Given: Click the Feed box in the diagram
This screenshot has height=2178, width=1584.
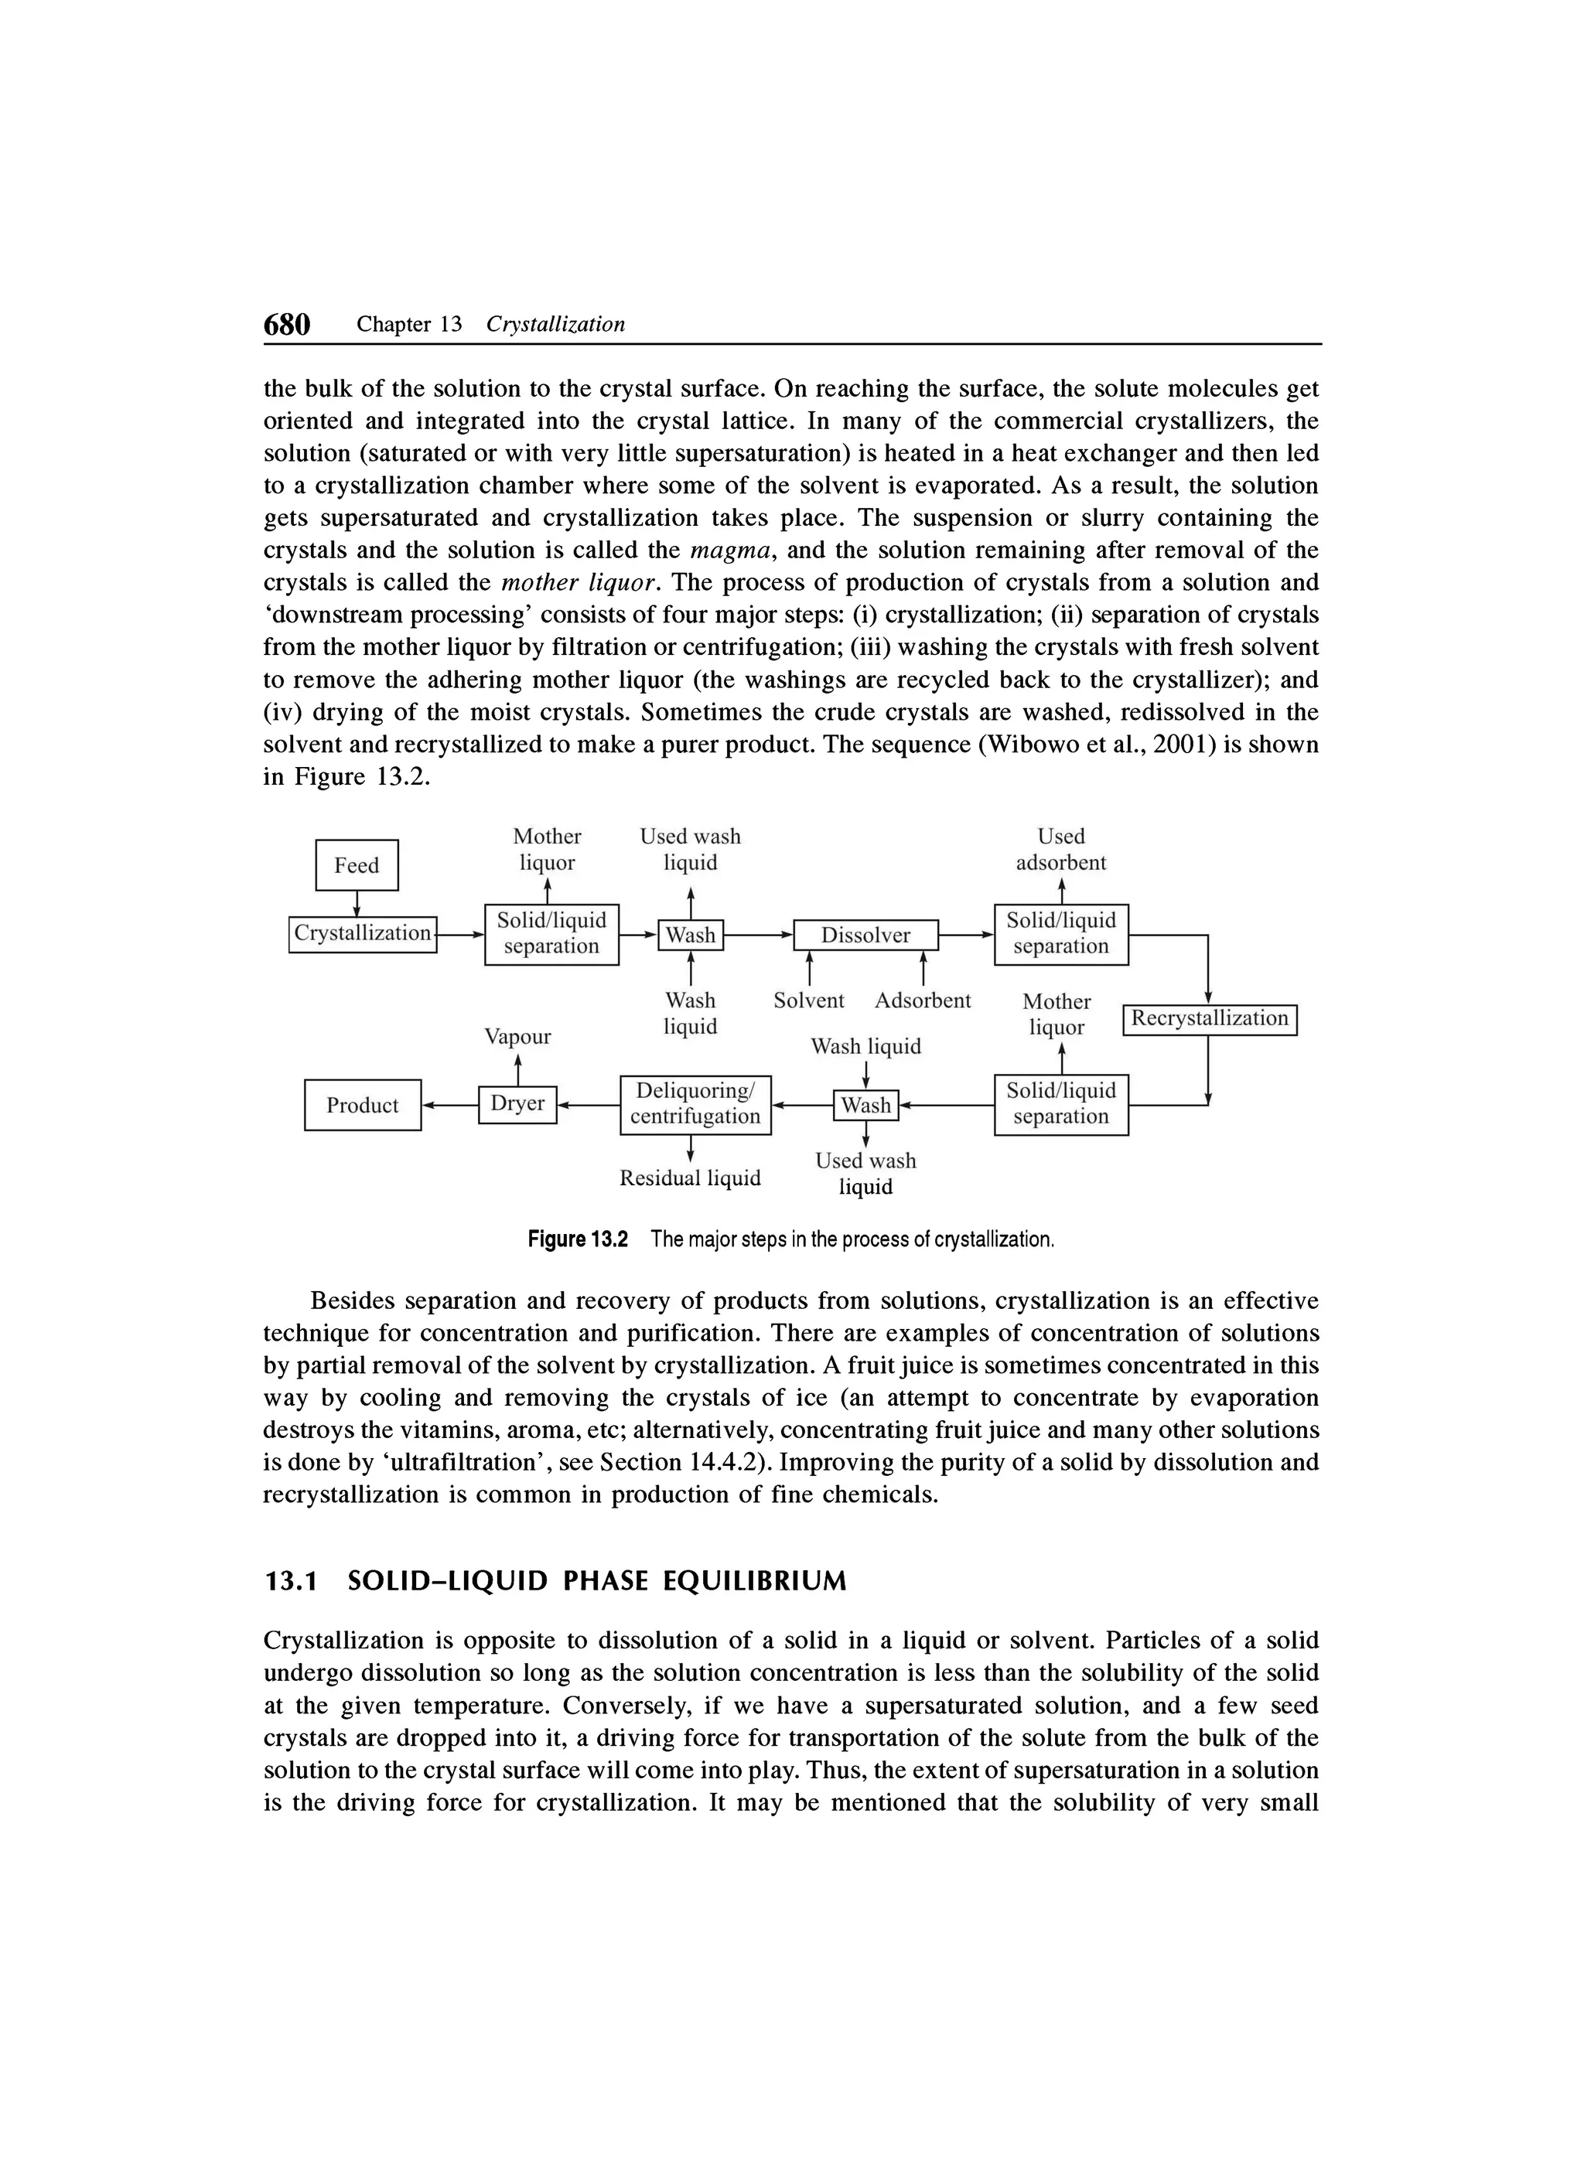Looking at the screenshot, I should [x=357, y=864].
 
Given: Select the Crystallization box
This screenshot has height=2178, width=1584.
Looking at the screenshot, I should [x=362, y=933].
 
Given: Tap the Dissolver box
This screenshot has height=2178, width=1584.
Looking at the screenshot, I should [x=865, y=935].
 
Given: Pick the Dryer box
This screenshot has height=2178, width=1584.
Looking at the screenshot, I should [x=517, y=1103].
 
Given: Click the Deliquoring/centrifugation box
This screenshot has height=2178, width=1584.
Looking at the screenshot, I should [x=695, y=1103].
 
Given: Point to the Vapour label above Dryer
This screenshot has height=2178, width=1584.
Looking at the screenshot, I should [x=517, y=1036].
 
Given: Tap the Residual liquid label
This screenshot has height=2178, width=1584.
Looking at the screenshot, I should [x=690, y=1178].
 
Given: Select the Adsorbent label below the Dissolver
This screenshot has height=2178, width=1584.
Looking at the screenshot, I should [x=922, y=1000].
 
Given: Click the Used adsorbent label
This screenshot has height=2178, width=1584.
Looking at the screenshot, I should [x=1060, y=849].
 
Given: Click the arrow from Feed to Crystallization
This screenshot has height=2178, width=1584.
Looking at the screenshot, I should [x=357, y=904].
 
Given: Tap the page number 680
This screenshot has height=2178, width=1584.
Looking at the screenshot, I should [x=287, y=325].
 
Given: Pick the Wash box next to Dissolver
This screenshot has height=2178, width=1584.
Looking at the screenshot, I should [x=690, y=935].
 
